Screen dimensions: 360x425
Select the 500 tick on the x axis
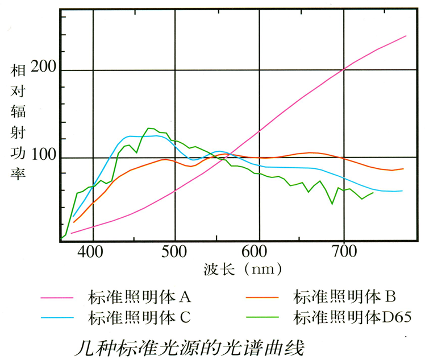174,251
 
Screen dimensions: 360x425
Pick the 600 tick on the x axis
259,251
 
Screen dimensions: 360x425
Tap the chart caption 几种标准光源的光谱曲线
190,345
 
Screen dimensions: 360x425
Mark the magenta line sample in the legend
57,296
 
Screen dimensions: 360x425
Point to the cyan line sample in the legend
57,316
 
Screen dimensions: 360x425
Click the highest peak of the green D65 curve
149,128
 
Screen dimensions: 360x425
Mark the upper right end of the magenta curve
406,36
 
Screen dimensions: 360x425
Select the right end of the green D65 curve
373,193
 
